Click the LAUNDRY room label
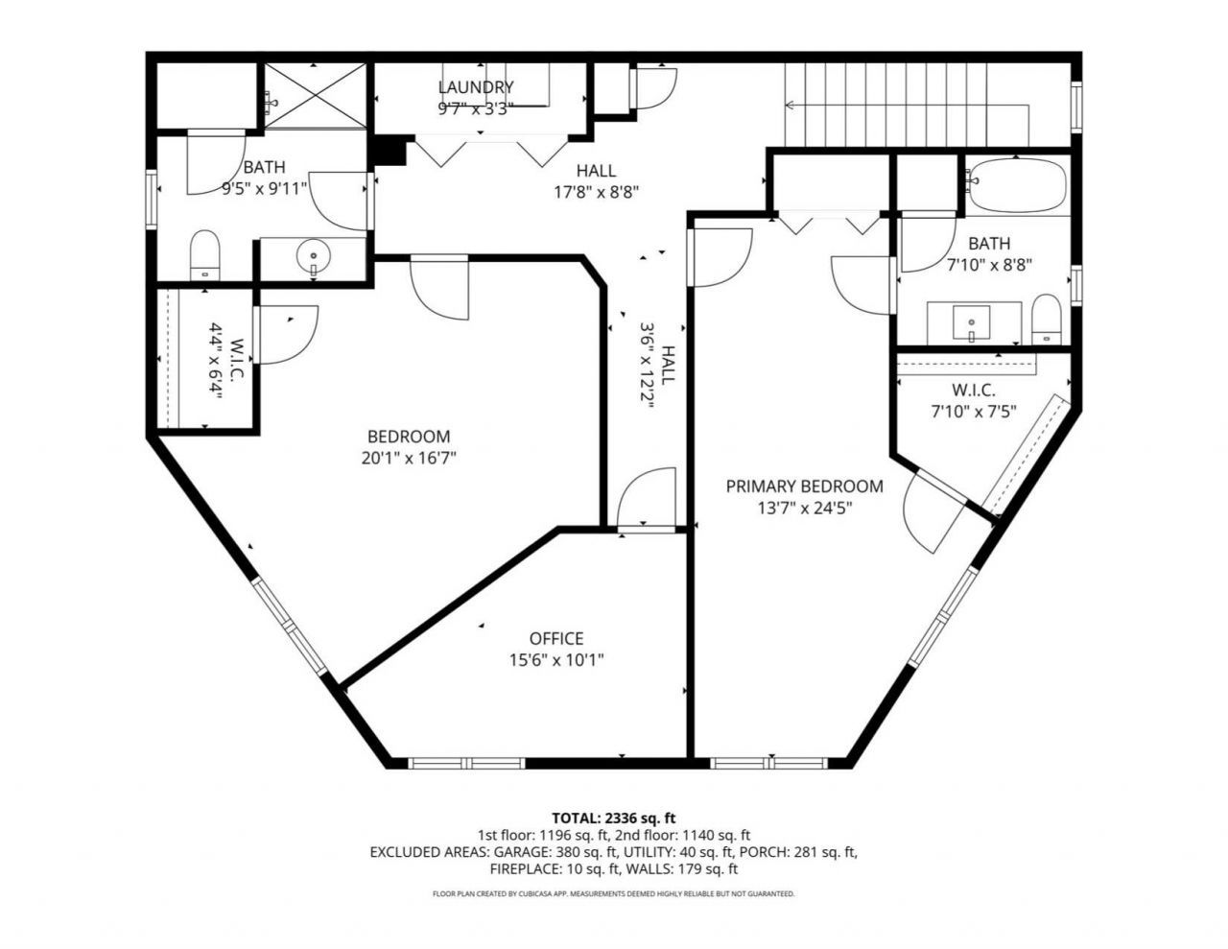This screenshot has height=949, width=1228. pyautogui.click(x=476, y=87)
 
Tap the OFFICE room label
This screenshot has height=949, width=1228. pyautogui.click(x=556, y=638)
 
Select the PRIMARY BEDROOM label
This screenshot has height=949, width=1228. pyautogui.click(x=804, y=486)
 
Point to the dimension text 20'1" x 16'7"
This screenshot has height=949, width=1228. pyautogui.click(x=409, y=458)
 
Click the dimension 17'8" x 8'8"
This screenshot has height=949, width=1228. pyautogui.click(x=596, y=192)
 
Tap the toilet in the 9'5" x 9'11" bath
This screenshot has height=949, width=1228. pyautogui.click(x=204, y=255)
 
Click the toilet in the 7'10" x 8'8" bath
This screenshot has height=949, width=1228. pyautogui.click(x=1046, y=319)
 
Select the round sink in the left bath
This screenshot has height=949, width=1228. pyautogui.click(x=313, y=257)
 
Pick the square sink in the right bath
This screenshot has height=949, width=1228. pyautogui.click(x=971, y=323)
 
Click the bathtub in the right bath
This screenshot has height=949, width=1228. pyautogui.click(x=1017, y=185)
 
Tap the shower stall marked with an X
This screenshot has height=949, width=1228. pyautogui.click(x=316, y=96)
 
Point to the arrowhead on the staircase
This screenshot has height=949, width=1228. pyautogui.click(x=789, y=106)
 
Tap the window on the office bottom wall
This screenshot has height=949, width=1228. pyautogui.click(x=466, y=764)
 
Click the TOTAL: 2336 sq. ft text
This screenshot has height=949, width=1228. pyautogui.click(x=613, y=818)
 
